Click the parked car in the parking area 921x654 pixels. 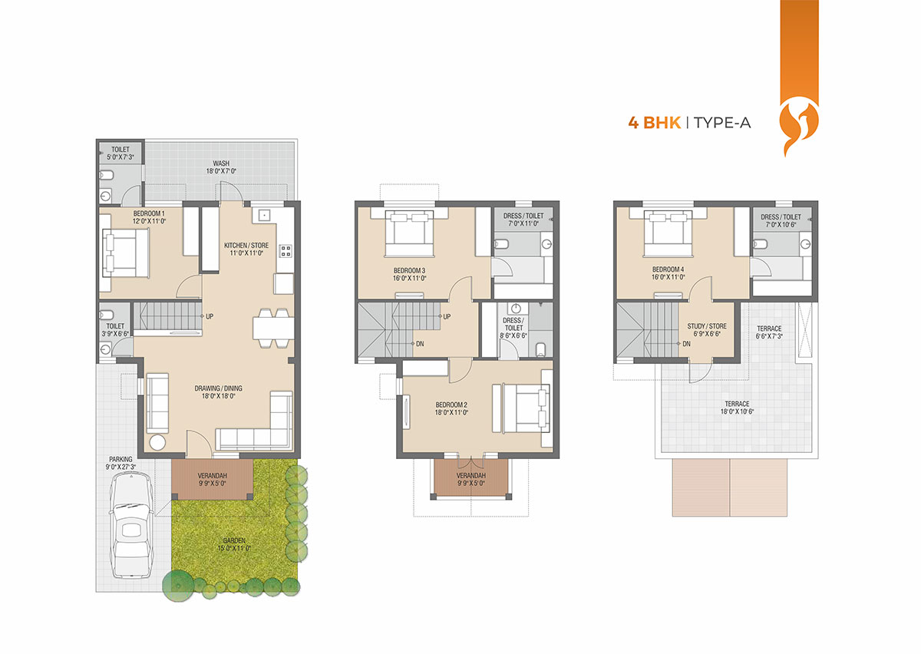point(131,525)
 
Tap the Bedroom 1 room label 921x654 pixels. point(149,217)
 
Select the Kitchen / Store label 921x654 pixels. point(246,249)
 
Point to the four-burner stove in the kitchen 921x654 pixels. point(286,251)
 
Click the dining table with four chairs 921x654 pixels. point(273,328)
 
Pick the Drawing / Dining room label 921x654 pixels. point(218,392)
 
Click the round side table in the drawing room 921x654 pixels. point(157,443)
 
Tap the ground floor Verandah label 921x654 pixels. point(212,479)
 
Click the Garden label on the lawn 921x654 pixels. point(234,544)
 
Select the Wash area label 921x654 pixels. point(221,167)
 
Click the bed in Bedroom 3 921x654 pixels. point(409,233)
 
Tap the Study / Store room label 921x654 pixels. point(707,329)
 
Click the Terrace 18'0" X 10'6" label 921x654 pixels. point(737,408)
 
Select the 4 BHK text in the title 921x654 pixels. point(654,123)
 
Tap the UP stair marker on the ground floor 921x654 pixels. point(210,316)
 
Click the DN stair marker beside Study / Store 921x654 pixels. point(687,343)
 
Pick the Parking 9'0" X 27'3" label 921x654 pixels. point(120,463)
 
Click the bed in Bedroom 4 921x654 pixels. point(668,233)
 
